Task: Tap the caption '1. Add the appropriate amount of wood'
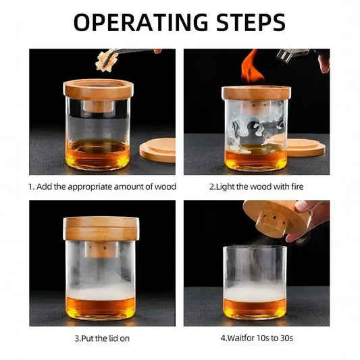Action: pos(102,186)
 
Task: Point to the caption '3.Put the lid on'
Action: pos(102,338)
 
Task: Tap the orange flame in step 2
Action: pos(252,66)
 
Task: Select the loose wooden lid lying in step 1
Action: pos(157,150)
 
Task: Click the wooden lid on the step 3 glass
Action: pos(101,228)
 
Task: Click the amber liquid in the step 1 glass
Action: pos(97,155)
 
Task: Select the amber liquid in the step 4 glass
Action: pos(255,309)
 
